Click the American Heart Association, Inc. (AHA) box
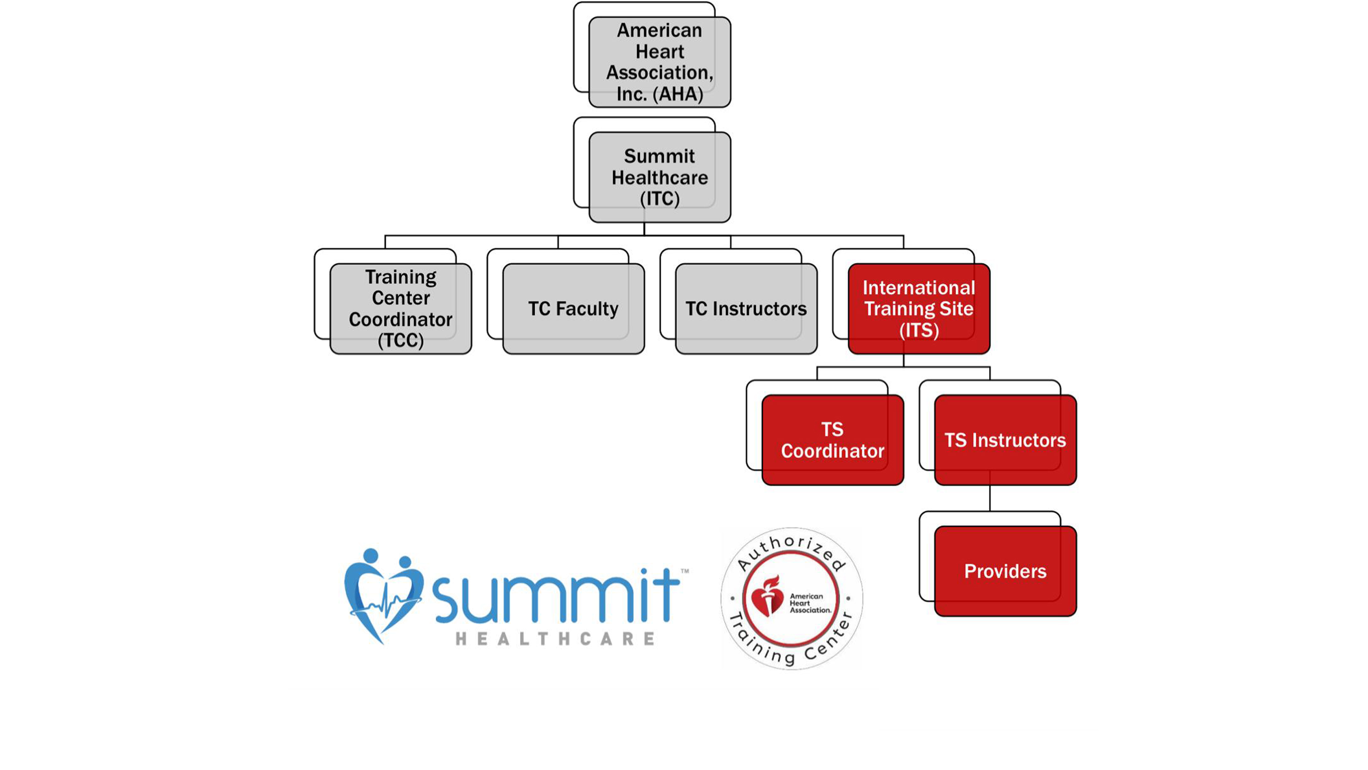659,62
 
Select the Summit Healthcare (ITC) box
659,177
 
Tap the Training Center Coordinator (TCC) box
400,309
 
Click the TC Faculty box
573,309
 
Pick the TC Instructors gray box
746,309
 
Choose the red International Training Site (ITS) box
919,309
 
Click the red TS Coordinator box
832,440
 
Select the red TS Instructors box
1005,440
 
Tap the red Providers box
1005,571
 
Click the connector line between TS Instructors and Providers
990,499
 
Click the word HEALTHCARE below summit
555,639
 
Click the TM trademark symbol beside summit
684,571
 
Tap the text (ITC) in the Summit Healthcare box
659,199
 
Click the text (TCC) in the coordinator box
400,340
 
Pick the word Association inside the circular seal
810,610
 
